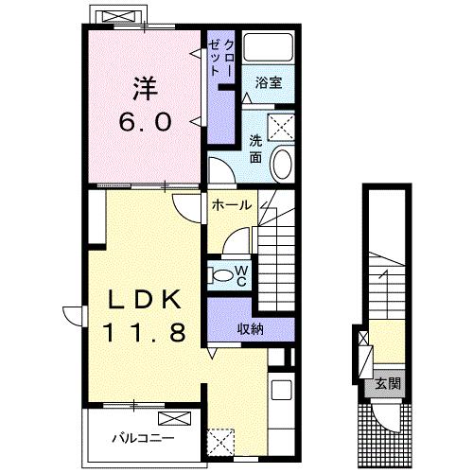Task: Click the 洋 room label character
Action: (x=145, y=89)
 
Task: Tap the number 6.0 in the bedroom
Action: (x=146, y=122)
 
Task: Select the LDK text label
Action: (x=145, y=300)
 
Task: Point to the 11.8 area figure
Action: (x=145, y=333)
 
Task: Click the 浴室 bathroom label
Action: (x=269, y=82)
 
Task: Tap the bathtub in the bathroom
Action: (x=269, y=46)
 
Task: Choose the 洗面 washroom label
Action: (x=255, y=149)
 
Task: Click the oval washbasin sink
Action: (x=283, y=164)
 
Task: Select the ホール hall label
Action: (x=232, y=205)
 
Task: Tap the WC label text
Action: (x=241, y=276)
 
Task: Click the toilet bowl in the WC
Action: (x=222, y=275)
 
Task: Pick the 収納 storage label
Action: (x=251, y=329)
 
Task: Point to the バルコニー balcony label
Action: (x=144, y=438)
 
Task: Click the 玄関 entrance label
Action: (x=388, y=384)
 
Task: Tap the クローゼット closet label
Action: (x=220, y=59)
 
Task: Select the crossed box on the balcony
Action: (x=174, y=418)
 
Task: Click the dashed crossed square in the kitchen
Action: (x=220, y=442)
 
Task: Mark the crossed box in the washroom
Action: (x=281, y=128)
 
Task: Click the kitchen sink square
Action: (x=282, y=390)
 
